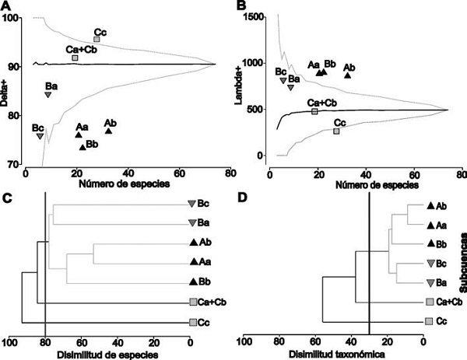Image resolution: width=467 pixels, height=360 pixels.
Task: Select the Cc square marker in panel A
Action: pyautogui.click(x=97, y=39)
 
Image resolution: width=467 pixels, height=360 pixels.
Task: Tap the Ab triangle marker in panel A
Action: pyautogui.click(x=108, y=131)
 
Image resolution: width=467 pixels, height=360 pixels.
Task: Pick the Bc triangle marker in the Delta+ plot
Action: pyautogui.click(x=40, y=136)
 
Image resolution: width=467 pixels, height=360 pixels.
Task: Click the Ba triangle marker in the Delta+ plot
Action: pyautogui.click(x=48, y=95)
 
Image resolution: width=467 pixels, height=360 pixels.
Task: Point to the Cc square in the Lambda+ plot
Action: pyautogui.click(x=336, y=131)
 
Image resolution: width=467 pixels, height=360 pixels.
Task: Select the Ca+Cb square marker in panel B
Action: pyautogui.click(x=314, y=111)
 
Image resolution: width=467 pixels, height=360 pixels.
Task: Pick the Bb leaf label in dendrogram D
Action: pyautogui.click(x=441, y=244)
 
